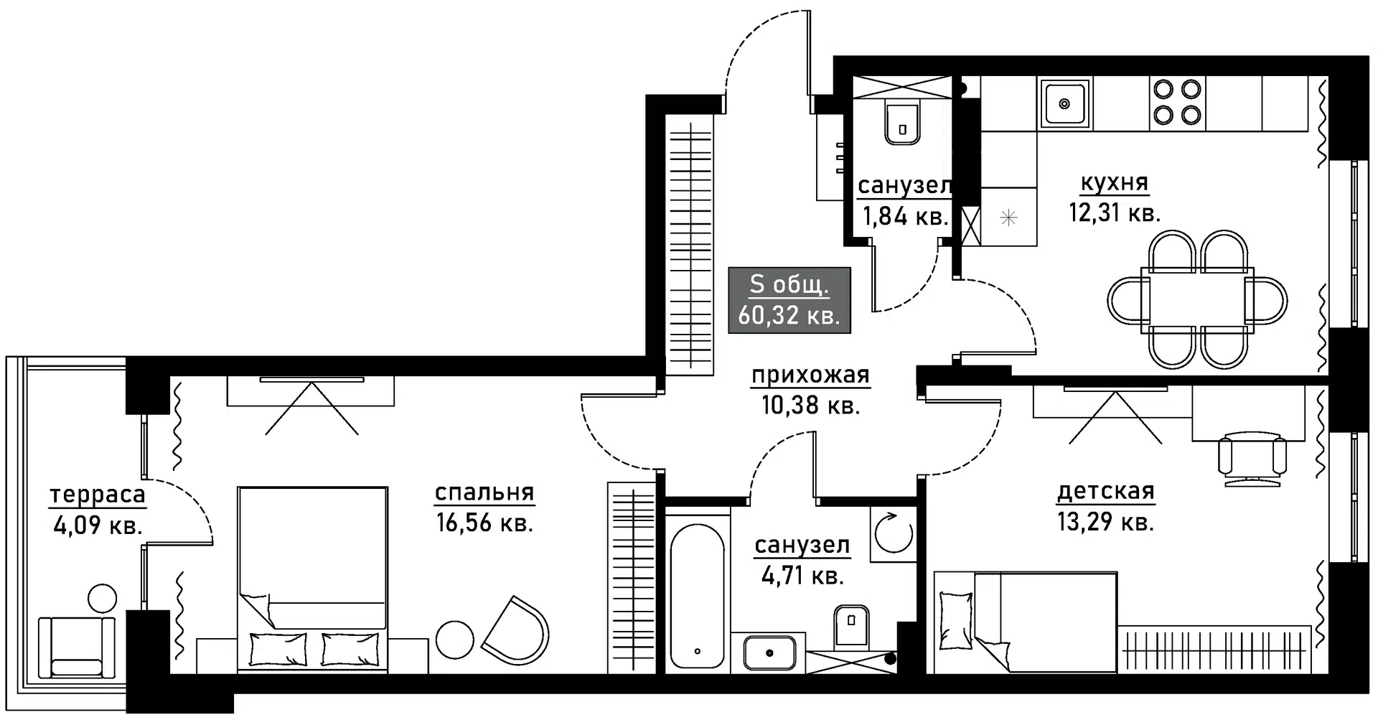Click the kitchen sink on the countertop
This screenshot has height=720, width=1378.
coord(1064,103)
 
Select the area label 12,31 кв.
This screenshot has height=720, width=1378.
coord(1114,213)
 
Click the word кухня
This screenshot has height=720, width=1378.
coord(1114,183)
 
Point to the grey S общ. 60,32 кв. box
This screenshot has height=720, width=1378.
coord(789,300)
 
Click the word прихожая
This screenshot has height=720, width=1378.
coord(810,375)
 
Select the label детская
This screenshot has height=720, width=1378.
coord(1105,492)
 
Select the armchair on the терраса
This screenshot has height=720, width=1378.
coord(76,646)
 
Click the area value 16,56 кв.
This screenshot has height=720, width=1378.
coord(484,523)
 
